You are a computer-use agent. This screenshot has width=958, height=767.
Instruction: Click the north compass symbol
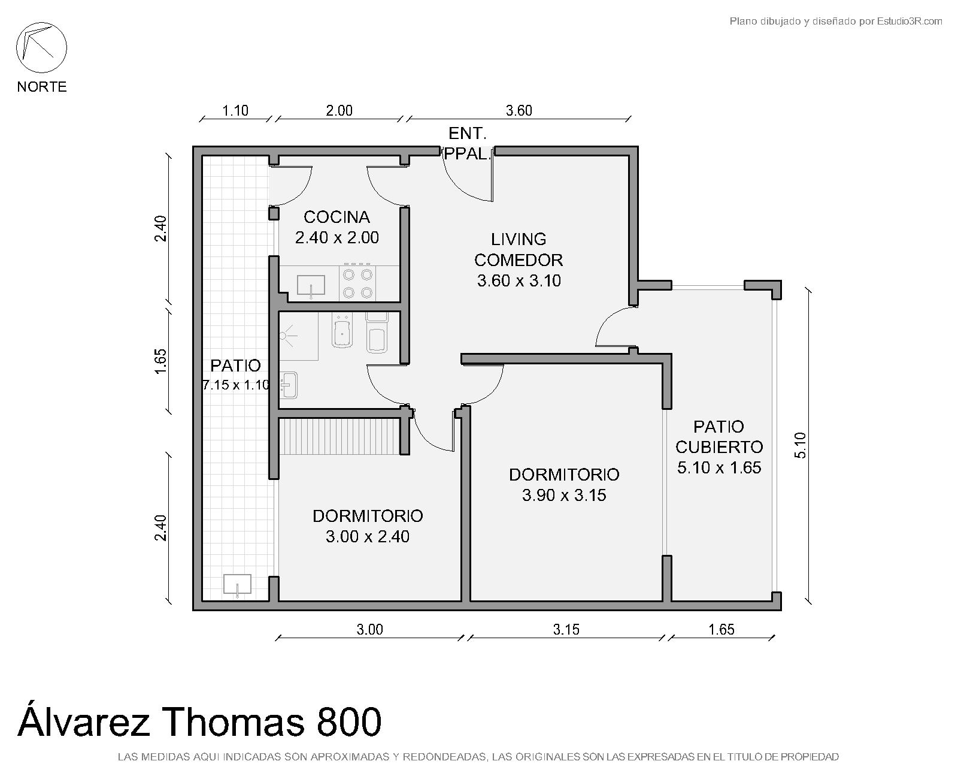pyautogui.click(x=41, y=48)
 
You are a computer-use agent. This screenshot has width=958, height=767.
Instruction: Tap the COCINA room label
pyautogui.click(x=336, y=217)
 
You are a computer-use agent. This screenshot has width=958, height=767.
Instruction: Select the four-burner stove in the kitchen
pyautogui.click(x=357, y=283)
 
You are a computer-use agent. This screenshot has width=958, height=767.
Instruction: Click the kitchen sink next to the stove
pyautogui.click(x=311, y=286)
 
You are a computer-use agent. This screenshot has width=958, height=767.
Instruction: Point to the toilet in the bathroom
pyautogui.click(x=377, y=333)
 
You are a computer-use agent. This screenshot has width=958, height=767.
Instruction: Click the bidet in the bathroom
pyautogui.click(x=342, y=330)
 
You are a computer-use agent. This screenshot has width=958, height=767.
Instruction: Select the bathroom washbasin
pyautogui.click(x=289, y=385)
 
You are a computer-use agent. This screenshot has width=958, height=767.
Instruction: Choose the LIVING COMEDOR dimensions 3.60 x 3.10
pyautogui.click(x=519, y=281)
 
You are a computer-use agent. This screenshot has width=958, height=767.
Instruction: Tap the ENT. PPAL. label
pyautogui.click(x=468, y=143)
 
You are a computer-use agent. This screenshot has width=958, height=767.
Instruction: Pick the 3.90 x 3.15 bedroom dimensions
pyautogui.click(x=564, y=495)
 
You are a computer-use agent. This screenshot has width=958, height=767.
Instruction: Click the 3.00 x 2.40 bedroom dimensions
pyautogui.click(x=367, y=536)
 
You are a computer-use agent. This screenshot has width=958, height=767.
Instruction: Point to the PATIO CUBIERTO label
pyautogui.click(x=719, y=437)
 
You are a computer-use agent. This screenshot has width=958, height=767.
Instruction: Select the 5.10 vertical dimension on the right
pyautogui.click(x=800, y=445)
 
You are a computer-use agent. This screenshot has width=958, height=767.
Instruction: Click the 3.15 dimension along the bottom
pyautogui.click(x=566, y=629)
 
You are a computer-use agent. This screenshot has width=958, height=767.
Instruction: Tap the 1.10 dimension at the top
pyautogui.click(x=235, y=110)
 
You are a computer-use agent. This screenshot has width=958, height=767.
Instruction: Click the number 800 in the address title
pyautogui.click(x=349, y=721)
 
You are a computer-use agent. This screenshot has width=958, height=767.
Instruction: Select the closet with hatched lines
pyautogui.click(x=339, y=436)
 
